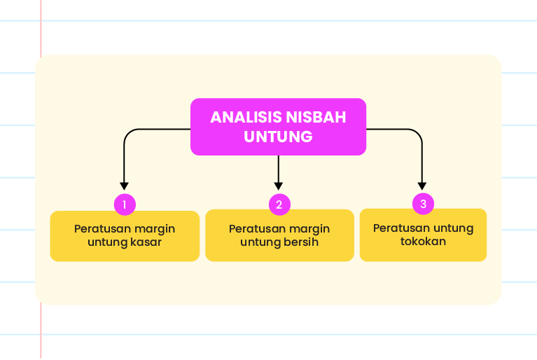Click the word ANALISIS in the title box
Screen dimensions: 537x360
tap(246, 117)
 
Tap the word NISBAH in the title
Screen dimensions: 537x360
tap(316, 117)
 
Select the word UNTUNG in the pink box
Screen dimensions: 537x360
tap(278, 137)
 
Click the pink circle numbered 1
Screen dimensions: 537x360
tap(125, 205)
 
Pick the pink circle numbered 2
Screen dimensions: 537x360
tap(279, 205)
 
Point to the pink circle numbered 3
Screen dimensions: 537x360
tap(424, 204)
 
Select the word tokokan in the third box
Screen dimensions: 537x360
tap(424, 242)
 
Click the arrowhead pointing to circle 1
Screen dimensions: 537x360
tap(125, 186)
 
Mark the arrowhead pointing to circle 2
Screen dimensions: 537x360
tap(279, 186)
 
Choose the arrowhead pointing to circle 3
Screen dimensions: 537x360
tap(422, 186)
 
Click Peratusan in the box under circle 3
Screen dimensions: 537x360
tap(398, 228)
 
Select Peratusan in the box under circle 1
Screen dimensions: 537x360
tap(99, 229)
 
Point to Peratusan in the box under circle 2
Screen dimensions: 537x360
tap(253, 229)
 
